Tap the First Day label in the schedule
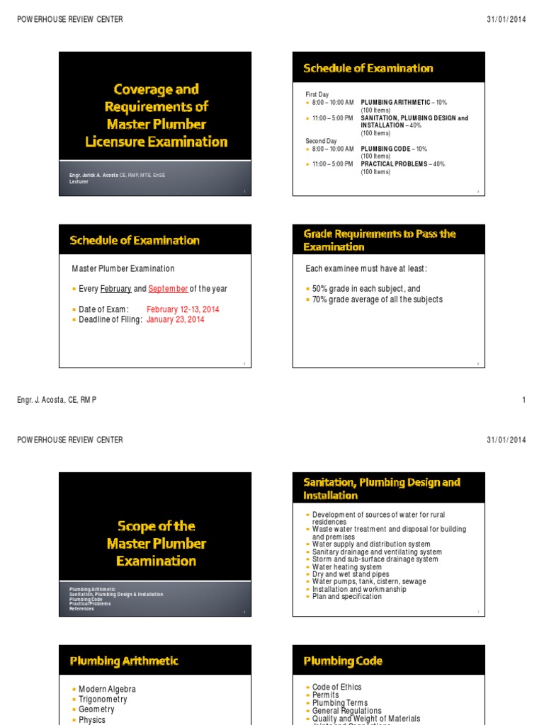(317, 94)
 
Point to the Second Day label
(321, 141)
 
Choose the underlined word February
(116, 289)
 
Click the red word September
(168, 289)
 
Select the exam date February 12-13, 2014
(183, 309)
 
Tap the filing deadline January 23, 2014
(175, 319)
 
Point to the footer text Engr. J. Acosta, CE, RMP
(57, 400)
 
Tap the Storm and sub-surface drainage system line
(375, 559)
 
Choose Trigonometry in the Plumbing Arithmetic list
(103, 700)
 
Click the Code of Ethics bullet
(336, 687)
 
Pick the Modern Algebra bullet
(107, 689)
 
